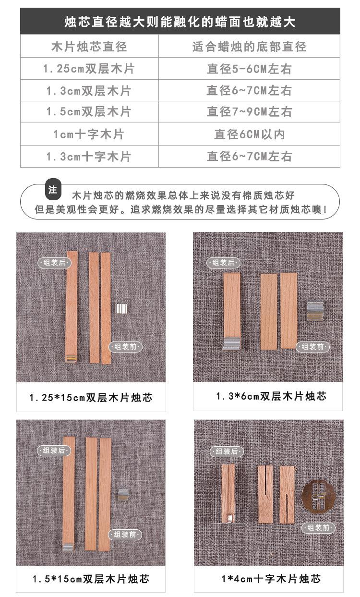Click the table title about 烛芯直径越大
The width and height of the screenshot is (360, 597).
(x=180, y=22)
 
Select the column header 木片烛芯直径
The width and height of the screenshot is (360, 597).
(x=89, y=47)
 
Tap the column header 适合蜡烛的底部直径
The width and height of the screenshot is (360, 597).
(x=249, y=47)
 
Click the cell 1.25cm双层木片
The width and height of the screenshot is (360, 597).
(x=89, y=69)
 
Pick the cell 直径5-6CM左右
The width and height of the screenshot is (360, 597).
(x=249, y=69)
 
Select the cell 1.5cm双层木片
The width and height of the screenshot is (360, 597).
(x=89, y=112)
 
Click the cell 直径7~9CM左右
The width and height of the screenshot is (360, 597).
(x=249, y=112)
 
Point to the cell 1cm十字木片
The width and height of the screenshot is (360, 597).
(x=89, y=134)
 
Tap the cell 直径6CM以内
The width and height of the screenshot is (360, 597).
(x=249, y=134)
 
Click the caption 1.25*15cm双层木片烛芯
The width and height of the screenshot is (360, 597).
(x=91, y=398)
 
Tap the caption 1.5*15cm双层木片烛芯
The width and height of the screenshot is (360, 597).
(x=91, y=579)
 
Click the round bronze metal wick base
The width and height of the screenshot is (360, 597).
(x=317, y=497)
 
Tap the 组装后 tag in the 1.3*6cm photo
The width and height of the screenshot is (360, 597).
(x=223, y=263)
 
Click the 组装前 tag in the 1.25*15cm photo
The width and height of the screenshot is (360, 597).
(x=126, y=347)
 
